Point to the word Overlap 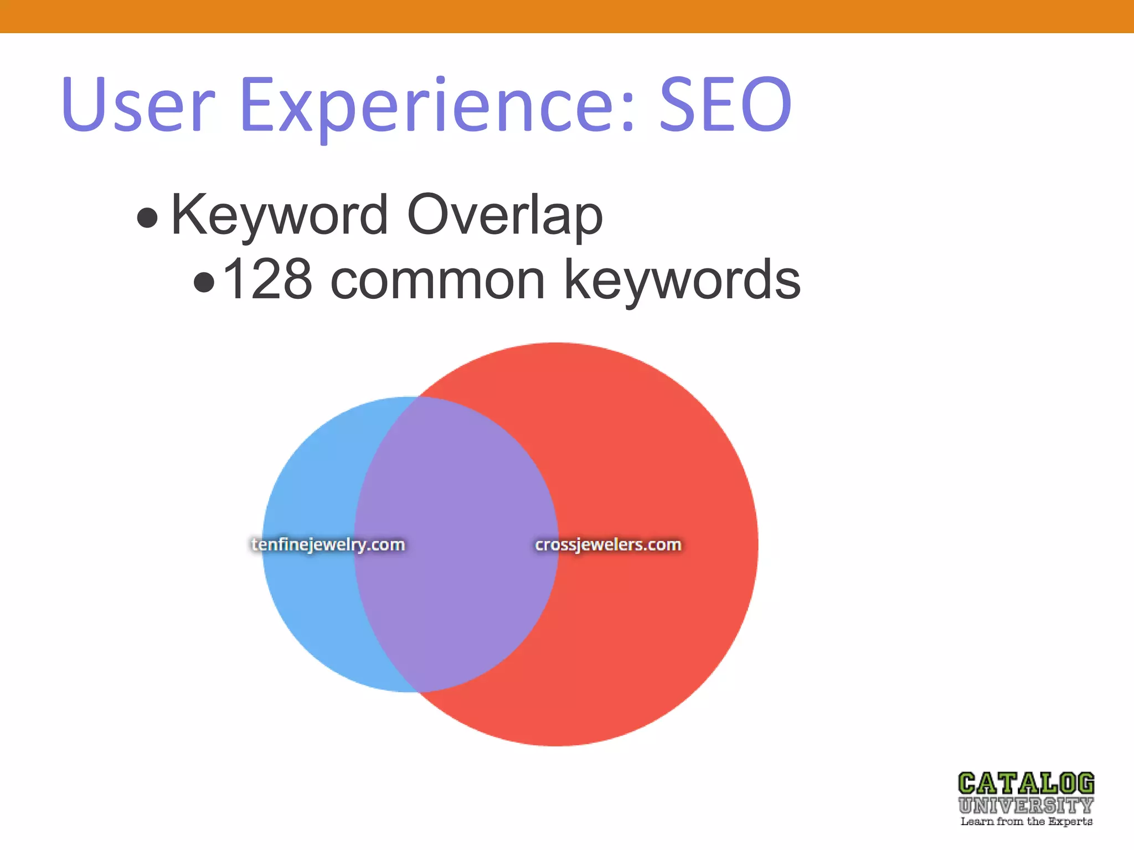(x=504, y=215)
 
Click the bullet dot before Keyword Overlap (x=147, y=217)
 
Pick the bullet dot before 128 (x=204, y=282)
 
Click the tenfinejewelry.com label (x=328, y=545)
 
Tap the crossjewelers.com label (x=608, y=545)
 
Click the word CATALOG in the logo (x=1026, y=784)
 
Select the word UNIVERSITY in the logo (x=1026, y=805)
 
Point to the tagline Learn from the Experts (x=1026, y=822)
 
